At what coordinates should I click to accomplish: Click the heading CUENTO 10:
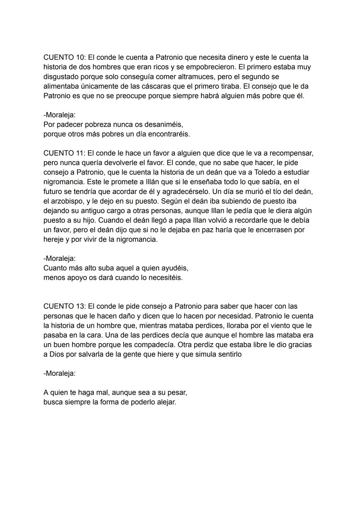coord(64,57)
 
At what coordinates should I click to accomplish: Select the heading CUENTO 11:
coord(64,153)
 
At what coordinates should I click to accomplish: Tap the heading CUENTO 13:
coord(64,306)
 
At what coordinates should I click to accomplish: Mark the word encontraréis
coord(169,134)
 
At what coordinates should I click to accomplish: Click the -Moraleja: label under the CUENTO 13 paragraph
coord(59,373)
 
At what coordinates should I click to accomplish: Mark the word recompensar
coord(291,153)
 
